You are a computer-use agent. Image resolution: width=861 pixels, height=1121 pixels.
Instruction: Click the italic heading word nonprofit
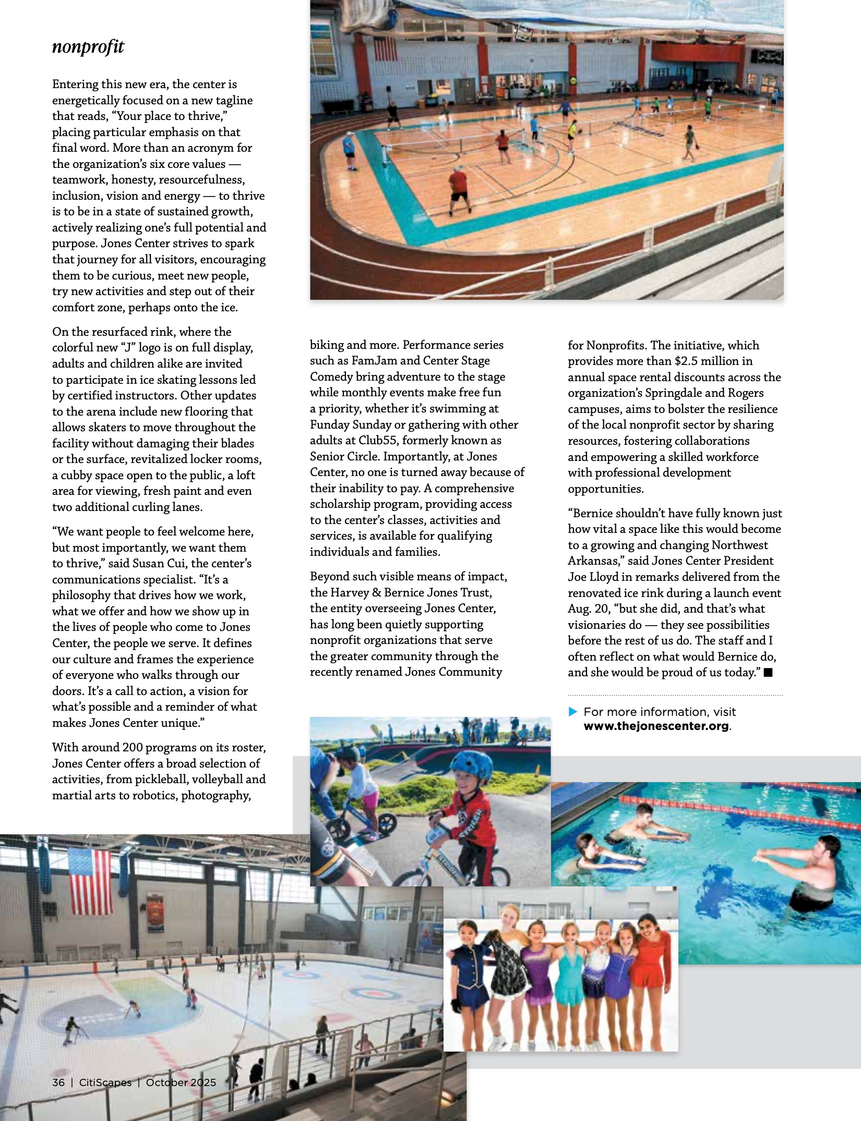click(x=88, y=47)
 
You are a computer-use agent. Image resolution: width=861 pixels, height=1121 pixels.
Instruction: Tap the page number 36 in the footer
click(x=58, y=1082)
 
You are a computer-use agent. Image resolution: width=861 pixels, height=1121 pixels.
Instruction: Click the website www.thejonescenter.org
click(x=656, y=726)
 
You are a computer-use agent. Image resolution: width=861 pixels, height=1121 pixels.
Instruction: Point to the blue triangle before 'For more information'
click(x=572, y=711)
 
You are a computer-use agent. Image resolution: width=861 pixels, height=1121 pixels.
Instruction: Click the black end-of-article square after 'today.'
click(x=768, y=673)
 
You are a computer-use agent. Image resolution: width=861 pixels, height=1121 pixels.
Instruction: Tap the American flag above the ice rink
click(x=90, y=881)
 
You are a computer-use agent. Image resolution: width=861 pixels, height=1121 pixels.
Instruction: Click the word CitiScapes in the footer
click(x=105, y=1082)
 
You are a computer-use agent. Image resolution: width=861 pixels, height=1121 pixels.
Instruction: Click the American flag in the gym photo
click(x=385, y=48)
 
